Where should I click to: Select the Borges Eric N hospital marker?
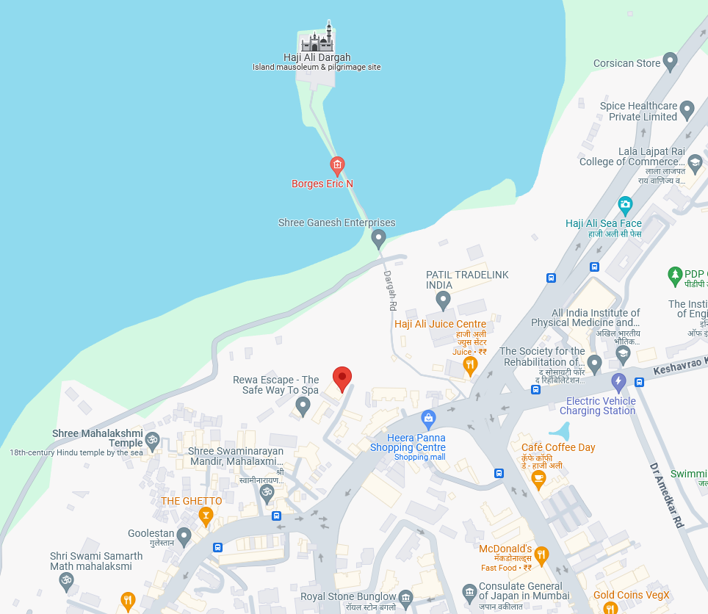[x=337, y=165]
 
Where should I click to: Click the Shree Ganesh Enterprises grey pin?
[x=378, y=238]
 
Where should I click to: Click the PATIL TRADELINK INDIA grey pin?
[x=443, y=300]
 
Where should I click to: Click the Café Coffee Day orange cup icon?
[x=538, y=479]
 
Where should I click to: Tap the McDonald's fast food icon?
[x=541, y=555]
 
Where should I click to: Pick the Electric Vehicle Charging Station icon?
[x=618, y=382]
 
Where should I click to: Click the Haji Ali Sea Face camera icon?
[x=625, y=204]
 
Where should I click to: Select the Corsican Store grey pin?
[x=669, y=62]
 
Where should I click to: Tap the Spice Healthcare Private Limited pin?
[x=687, y=110]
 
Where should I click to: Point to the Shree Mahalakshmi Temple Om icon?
[x=152, y=441]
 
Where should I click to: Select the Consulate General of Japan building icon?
[x=469, y=592]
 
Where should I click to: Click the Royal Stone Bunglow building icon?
[x=405, y=597]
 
